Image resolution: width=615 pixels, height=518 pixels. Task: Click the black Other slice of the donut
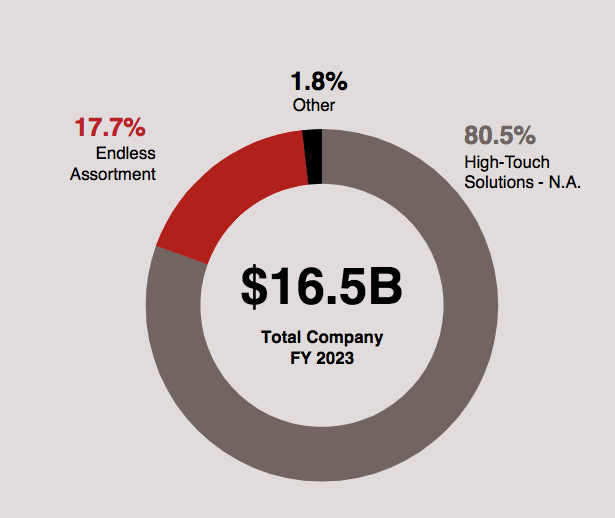[313, 157]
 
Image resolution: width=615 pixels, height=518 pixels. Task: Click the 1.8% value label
[318, 81]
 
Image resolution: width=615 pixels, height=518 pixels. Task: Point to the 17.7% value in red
[110, 128]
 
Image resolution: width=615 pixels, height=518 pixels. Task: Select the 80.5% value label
[500, 135]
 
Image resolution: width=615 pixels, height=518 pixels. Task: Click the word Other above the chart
[314, 105]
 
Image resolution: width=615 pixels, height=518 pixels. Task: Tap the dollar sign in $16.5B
[254, 287]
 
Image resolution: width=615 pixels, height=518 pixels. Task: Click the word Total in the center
[281, 337]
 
